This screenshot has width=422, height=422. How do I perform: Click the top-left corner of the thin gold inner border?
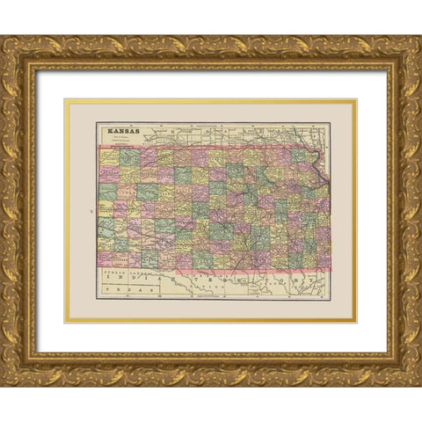[65, 100]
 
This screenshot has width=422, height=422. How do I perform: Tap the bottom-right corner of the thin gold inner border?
[356, 322]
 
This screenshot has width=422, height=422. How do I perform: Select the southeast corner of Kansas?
[329, 267]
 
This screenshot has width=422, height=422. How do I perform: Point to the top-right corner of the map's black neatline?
[331, 123]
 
